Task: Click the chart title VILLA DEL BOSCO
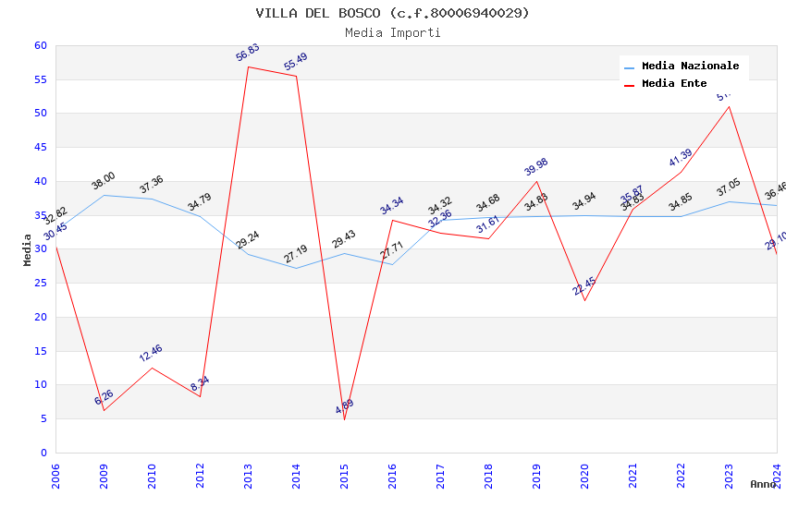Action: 392,13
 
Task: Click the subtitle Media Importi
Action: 392,32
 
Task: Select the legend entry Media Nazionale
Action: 690,67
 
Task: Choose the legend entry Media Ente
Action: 674,84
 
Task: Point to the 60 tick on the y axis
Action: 40,45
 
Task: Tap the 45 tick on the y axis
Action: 40,148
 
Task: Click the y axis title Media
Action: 28,249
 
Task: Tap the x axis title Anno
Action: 763,484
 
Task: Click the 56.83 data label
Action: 248,53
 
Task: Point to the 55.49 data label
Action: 296,62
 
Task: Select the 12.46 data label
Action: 151,353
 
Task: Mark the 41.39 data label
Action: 681,158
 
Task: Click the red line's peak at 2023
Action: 729,106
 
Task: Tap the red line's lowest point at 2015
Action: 344,419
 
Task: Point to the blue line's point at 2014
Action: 296,268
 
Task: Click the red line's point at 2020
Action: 584,300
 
